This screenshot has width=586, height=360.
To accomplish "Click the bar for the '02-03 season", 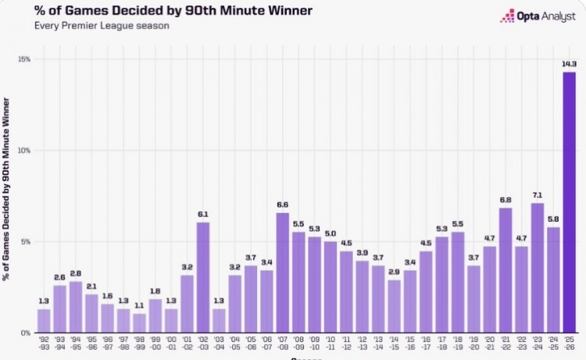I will click(203, 277).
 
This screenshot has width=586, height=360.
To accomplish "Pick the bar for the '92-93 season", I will click(44, 320).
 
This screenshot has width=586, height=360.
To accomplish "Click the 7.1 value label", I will click(538, 195).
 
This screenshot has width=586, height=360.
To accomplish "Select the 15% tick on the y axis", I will click(25, 59).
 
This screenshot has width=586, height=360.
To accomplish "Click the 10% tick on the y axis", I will click(25, 150).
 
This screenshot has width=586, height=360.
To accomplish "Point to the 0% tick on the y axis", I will click(26, 333).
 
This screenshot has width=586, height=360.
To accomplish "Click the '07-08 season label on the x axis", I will click(283, 344).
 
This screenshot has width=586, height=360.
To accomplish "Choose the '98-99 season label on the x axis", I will click(139, 344).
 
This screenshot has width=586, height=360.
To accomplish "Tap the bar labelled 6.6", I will click(283, 273).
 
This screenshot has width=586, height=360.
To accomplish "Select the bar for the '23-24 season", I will click(538, 268).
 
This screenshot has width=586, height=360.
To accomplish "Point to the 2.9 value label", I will click(394, 272).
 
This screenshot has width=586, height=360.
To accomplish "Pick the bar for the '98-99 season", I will click(139, 323).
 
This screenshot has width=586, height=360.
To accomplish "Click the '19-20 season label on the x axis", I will click(473, 344).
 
